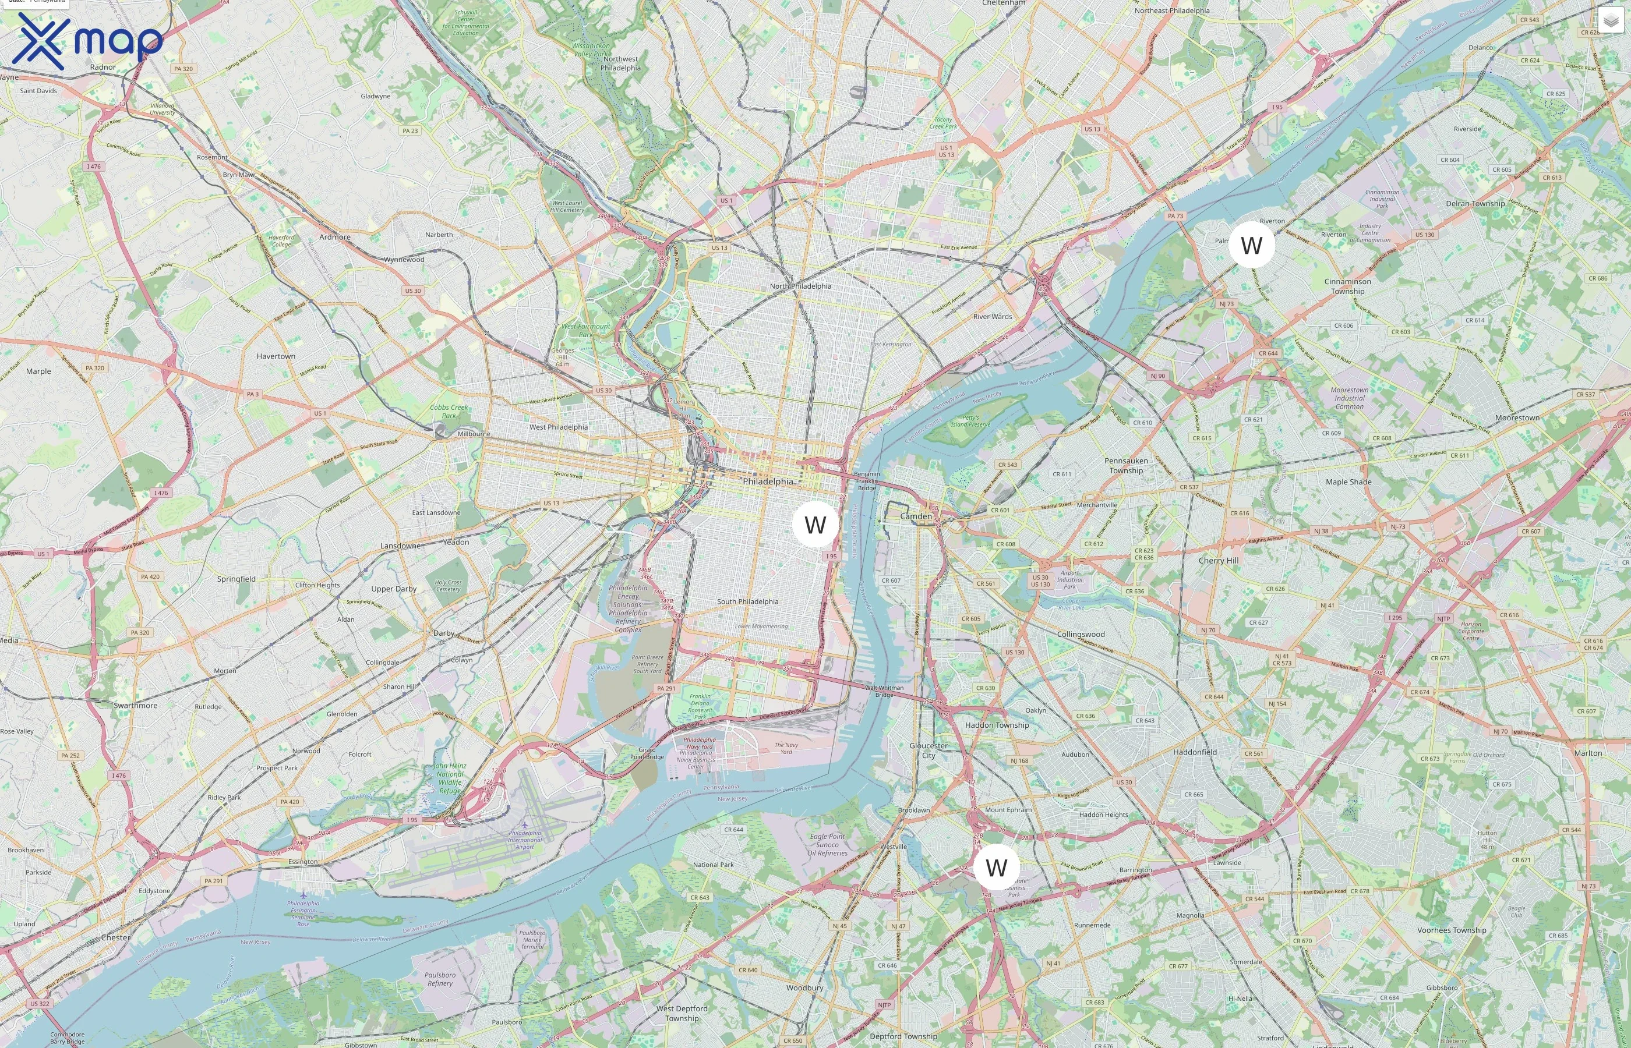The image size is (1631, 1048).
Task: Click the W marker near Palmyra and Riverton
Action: pos(1251,245)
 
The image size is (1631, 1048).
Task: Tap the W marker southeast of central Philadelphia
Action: pos(815,525)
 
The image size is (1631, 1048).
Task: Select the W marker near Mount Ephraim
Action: pos(996,867)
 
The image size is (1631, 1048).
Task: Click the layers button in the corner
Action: pos(1610,21)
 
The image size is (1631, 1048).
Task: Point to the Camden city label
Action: pos(916,516)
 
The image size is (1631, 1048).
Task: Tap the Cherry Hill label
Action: pos(1218,561)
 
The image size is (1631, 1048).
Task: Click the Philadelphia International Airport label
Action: pos(524,840)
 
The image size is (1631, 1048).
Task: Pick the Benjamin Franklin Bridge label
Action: pos(867,480)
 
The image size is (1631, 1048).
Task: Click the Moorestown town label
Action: pos(1517,418)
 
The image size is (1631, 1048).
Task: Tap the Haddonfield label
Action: pos(1195,752)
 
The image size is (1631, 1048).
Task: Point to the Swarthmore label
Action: pos(136,706)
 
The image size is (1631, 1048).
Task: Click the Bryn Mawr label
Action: pos(239,175)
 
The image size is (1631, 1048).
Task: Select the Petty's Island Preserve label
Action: pos(970,422)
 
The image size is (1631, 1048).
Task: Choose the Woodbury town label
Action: pos(804,987)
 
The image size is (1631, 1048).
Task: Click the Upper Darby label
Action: pos(393,589)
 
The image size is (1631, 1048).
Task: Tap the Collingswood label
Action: pos(1081,634)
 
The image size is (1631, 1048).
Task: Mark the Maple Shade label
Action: pos(1348,482)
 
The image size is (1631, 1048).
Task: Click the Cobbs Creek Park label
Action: pos(449,411)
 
